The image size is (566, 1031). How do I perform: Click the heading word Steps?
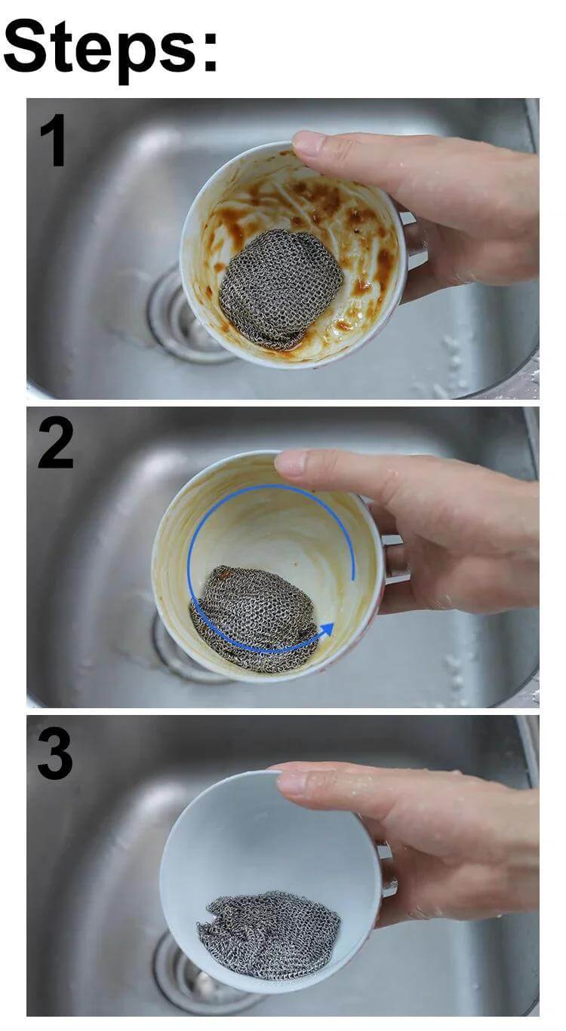(x=110, y=46)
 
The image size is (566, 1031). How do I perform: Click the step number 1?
(x=53, y=140)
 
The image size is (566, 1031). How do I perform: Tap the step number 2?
(x=56, y=443)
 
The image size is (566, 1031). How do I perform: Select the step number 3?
(x=55, y=753)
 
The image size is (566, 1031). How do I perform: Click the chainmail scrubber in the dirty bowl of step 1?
(x=278, y=287)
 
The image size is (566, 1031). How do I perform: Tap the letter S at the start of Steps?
(x=25, y=46)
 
